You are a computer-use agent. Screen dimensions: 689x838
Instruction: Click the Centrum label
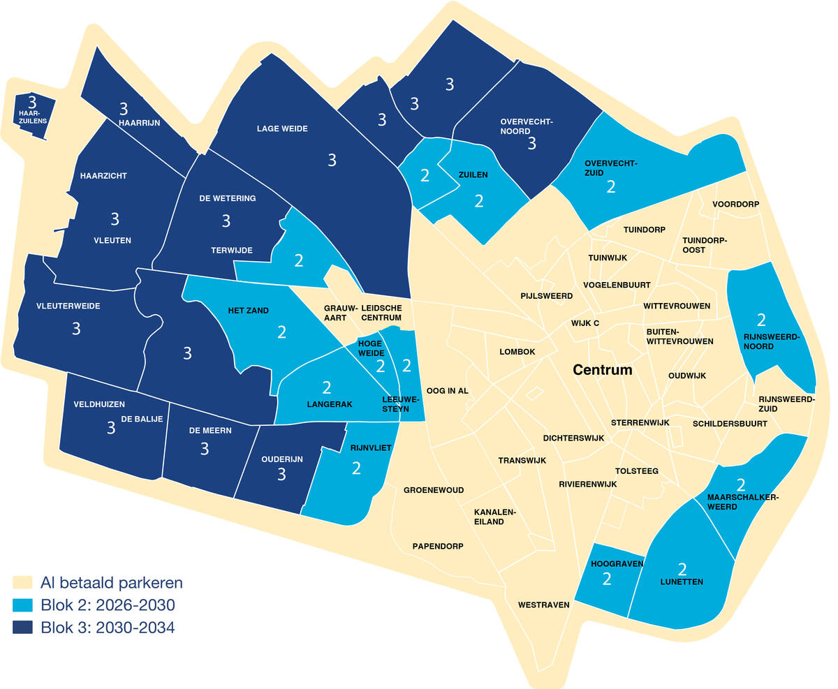pos(602,370)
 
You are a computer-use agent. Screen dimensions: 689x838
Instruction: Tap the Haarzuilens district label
pos(33,117)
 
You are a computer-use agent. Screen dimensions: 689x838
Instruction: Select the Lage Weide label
pos(282,128)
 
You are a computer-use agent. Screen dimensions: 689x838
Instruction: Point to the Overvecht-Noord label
pos(526,126)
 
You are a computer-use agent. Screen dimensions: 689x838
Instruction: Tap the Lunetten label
pos(682,581)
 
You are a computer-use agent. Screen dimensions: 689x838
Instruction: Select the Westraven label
pos(543,605)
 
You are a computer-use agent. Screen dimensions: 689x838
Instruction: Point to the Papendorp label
pos(438,546)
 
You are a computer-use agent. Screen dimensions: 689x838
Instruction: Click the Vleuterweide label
pos(68,306)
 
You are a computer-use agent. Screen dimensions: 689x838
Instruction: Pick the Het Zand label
pos(248,311)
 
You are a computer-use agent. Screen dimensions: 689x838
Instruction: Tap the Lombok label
pos(517,352)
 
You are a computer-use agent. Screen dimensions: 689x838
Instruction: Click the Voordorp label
pos(735,205)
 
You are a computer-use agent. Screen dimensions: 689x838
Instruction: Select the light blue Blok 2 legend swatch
pos(22,605)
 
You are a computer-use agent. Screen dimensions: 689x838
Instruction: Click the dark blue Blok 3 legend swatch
pos(22,628)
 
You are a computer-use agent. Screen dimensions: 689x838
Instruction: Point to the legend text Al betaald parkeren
pos(112,582)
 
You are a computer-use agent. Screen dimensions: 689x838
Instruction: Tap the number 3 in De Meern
pos(205,448)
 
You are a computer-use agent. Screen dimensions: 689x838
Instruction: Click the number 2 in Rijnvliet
pos(356,468)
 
